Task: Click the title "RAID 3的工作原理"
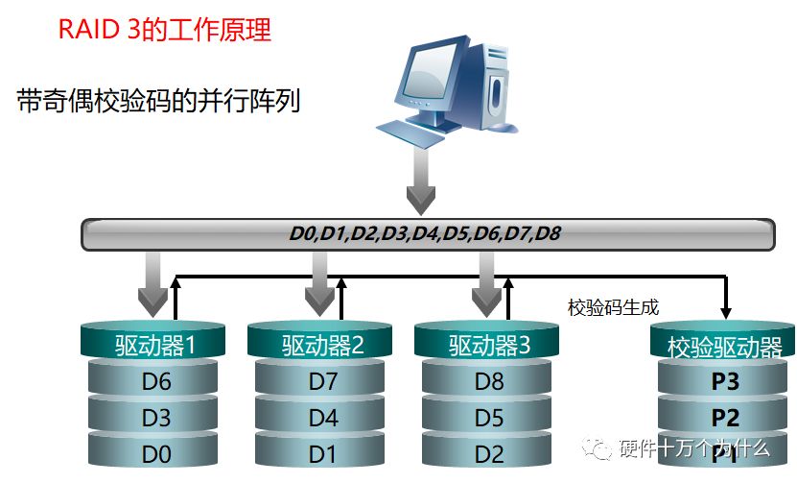[165, 31]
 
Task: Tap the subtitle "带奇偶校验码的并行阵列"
[159, 101]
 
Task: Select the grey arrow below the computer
[420, 186]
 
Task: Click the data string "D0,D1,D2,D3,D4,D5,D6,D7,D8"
[426, 232]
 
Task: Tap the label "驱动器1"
[154, 344]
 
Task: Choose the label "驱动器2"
[322, 344]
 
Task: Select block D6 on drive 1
[155, 381]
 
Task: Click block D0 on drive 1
[155, 452]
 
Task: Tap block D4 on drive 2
[322, 418]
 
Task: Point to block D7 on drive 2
[322, 381]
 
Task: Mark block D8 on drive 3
[489, 381]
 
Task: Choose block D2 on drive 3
[489, 452]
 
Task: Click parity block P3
[725, 382]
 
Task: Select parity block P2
[725, 418]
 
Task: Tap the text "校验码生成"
[613, 307]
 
